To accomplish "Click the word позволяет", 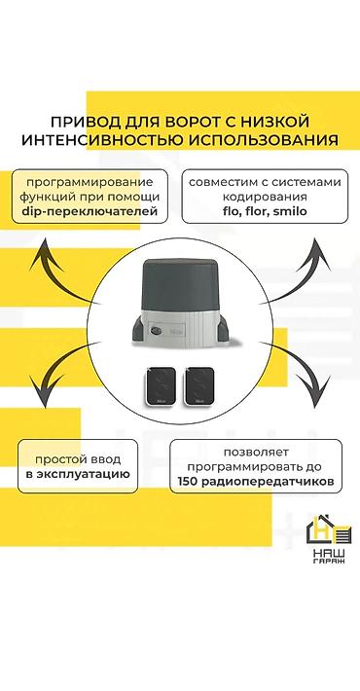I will pyautogui.click(x=255, y=453).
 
